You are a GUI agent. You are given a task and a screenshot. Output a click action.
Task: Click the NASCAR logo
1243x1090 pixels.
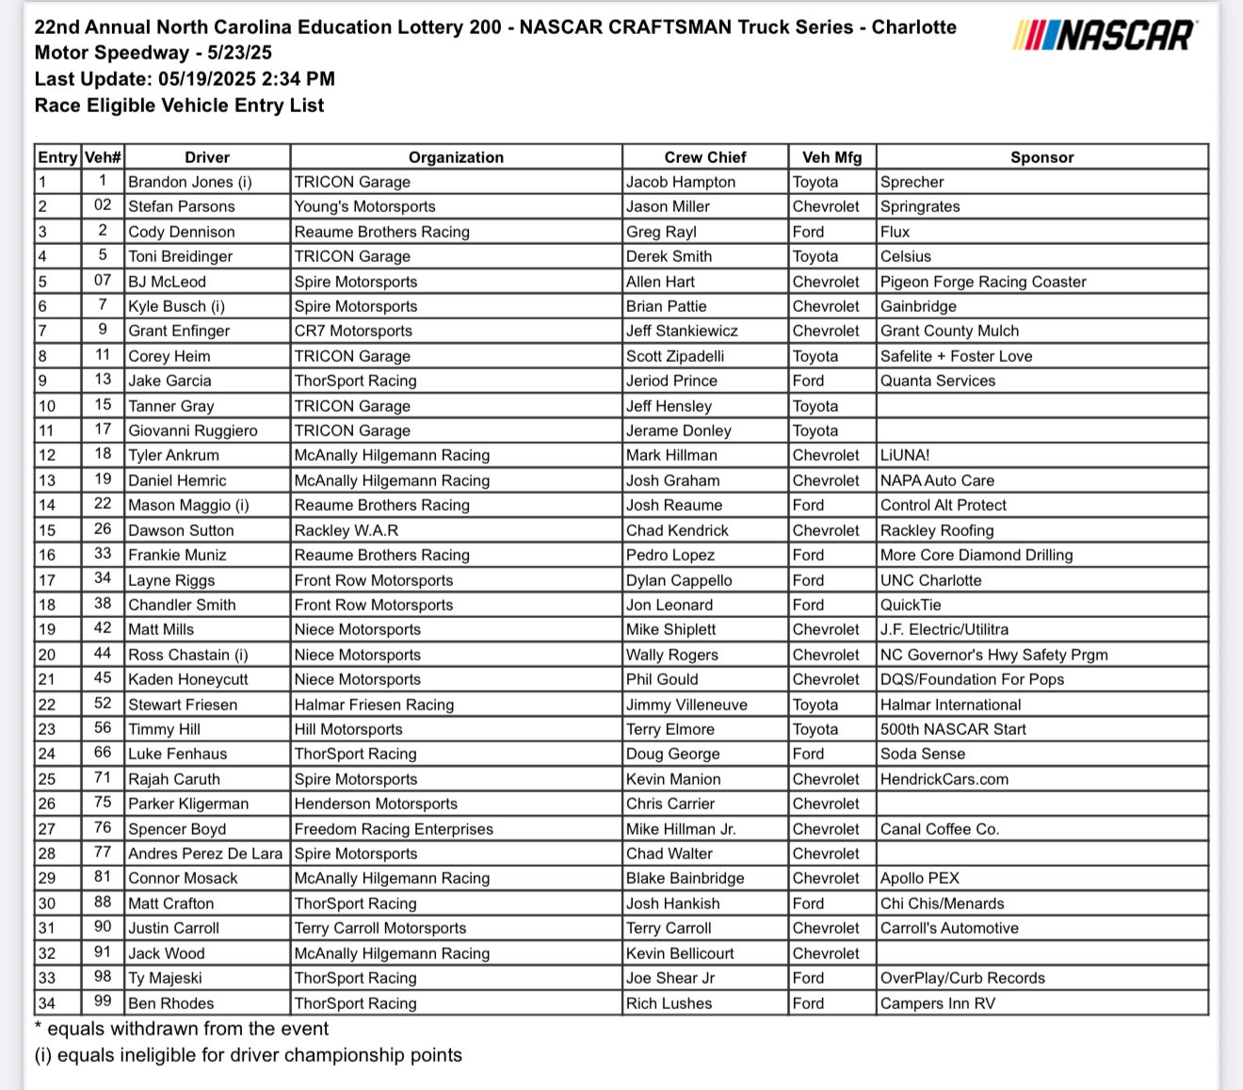(x=1106, y=35)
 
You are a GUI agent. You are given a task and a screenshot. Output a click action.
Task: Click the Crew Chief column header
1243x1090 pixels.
(x=704, y=157)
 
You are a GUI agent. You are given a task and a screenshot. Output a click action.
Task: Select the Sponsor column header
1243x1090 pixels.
(x=1041, y=157)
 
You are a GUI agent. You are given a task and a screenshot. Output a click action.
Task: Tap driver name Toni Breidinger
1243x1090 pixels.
(x=181, y=256)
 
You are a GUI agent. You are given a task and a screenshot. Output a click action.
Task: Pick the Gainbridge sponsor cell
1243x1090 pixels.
(x=918, y=306)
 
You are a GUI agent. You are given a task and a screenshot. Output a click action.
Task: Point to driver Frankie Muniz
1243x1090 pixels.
(x=177, y=555)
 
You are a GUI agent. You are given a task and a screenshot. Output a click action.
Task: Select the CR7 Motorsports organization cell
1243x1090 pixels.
(x=353, y=331)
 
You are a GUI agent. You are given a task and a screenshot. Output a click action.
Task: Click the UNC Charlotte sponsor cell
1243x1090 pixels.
(x=930, y=580)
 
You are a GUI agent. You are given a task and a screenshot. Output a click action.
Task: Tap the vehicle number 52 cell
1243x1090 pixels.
(x=103, y=704)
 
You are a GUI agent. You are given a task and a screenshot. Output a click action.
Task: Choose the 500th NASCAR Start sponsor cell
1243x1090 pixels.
(x=953, y=729)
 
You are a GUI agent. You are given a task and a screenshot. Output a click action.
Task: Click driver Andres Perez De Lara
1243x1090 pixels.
(x=205, y=854)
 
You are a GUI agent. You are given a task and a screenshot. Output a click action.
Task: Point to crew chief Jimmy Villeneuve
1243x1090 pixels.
(x=686, y=705)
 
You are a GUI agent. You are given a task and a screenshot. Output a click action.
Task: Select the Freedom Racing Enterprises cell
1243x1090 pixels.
(x=394, y=829)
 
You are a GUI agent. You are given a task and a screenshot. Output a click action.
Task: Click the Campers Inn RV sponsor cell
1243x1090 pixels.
(x=937, y=1003)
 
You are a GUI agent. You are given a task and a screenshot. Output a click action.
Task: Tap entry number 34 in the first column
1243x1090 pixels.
(x=47, y=1003)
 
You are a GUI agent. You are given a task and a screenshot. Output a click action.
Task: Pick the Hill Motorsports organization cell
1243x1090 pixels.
(x=348, y=729)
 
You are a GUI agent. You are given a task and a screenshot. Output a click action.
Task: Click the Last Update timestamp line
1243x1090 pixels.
(x=185, y=79)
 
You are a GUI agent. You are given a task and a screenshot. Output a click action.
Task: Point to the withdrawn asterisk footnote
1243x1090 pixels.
(x=182, y=1029)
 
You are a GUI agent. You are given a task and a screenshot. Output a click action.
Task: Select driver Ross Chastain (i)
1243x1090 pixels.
(x=188, y=655)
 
